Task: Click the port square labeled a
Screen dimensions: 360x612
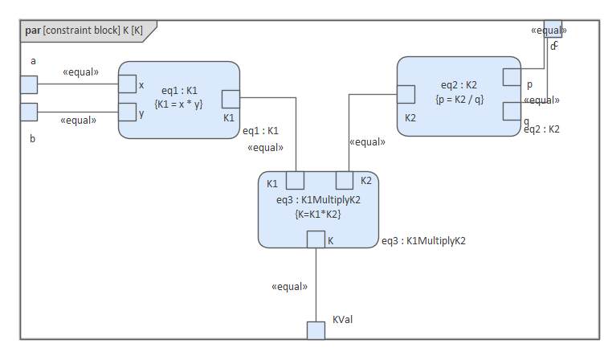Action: (28, 84)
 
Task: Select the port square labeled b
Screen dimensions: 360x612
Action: (28, 111)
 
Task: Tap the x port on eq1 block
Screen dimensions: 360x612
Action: (127, 84)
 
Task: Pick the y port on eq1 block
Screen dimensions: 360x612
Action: (127, 111)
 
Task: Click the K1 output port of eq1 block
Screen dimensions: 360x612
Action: (231, 98)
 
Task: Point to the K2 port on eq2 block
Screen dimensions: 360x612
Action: (406, 95)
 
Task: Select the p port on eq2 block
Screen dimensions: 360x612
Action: (512, 77)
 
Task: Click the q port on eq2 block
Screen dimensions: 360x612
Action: (512, 111)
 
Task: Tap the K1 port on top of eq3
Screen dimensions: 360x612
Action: (295, 180)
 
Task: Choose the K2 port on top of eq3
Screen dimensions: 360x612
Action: (344, 180)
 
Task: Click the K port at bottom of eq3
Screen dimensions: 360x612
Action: (316, 239)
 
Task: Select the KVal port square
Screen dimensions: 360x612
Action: (316, 330)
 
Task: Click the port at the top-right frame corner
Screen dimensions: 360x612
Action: (553, 29)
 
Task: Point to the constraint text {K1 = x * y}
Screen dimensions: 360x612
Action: (179, 103)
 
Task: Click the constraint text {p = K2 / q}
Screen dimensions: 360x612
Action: (459, 98)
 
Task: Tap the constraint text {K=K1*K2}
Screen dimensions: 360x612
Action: (318, 214)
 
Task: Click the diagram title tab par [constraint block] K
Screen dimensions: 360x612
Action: (84, 31)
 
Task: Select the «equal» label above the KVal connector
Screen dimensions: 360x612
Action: (289, 285)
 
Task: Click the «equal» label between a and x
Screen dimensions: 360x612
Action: (80, 72)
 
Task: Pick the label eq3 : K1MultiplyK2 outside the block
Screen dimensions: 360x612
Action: (423, 240)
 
